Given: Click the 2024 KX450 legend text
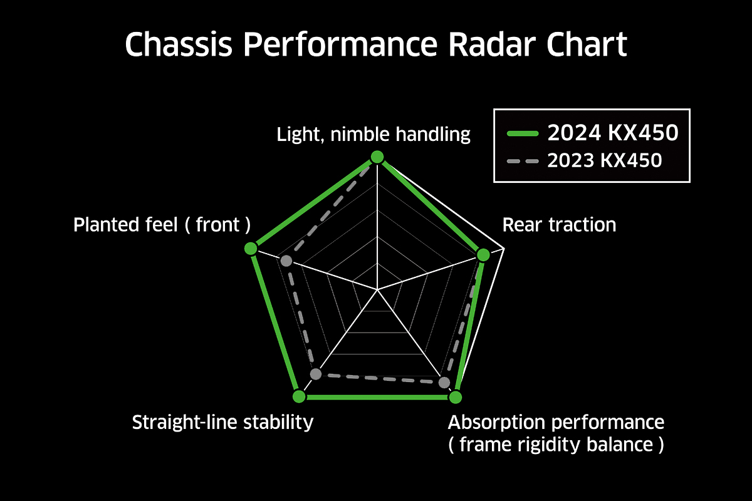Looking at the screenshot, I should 613,133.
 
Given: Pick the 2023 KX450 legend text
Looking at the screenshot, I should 604,160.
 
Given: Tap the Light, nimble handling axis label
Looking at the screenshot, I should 373,134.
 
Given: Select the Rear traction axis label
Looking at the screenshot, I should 559,224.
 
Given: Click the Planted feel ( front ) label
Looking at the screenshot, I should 162,224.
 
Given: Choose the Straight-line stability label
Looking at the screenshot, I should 222,422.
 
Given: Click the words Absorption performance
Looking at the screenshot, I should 556,422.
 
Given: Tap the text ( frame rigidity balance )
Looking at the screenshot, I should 556,445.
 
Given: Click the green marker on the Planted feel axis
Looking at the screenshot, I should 251,249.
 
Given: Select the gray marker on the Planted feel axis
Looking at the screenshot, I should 286,261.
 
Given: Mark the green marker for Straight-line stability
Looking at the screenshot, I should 299,396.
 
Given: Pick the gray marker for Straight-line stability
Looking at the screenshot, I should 316,374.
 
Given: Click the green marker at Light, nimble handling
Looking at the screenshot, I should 377,157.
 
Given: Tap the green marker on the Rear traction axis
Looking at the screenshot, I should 483,255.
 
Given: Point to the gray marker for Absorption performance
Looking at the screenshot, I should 444,383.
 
